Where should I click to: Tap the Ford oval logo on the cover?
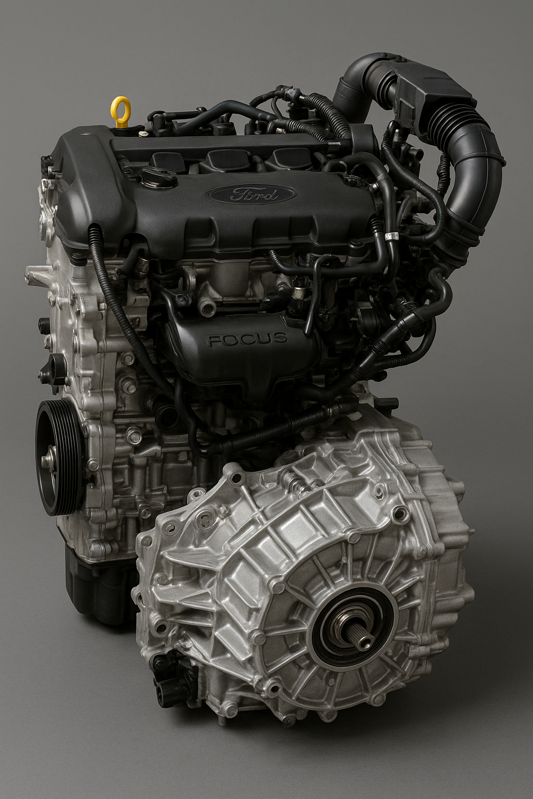251,194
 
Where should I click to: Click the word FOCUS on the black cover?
247,339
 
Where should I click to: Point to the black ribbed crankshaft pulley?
58,457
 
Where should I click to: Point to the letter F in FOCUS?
213,341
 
